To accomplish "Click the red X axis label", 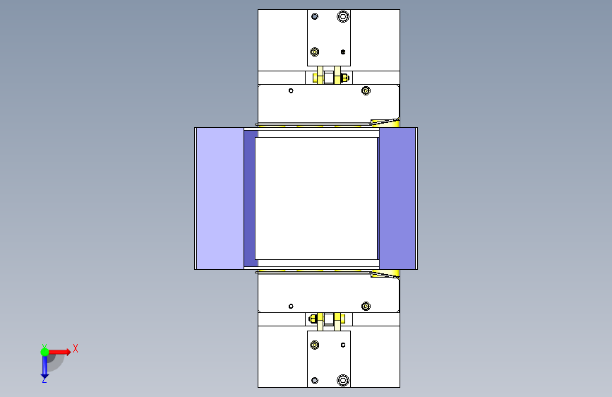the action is [x=76, y=348].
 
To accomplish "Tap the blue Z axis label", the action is [x=44, y=379].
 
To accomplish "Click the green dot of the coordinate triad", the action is [x=44, y=352].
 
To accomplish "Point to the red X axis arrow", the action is [x=59, y=352].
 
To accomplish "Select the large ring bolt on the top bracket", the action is [x=343, y=16].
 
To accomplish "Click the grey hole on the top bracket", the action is [x=315, y=16].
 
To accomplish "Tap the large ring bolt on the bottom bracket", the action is [x=343, y=380].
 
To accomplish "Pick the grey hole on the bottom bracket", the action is [x=315, y=380].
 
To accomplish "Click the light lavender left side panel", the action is [x=220, y=198].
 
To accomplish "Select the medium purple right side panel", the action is [x=397, y=198].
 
